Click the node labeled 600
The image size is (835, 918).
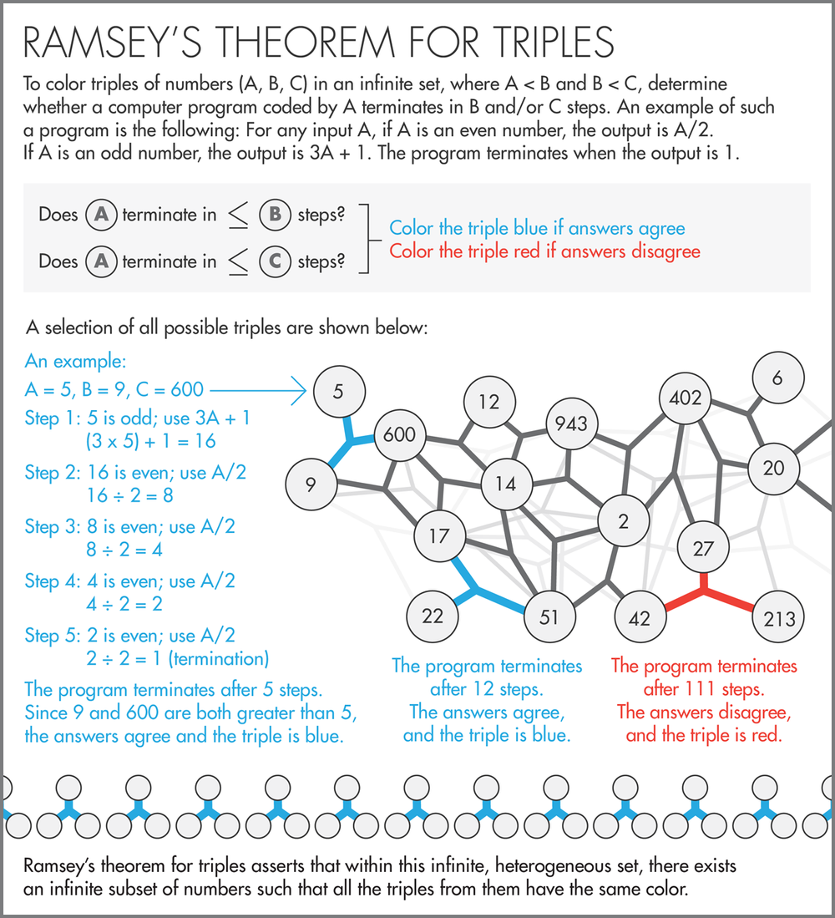[x=399, y=435]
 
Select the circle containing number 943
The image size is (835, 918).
[x=572, y=423]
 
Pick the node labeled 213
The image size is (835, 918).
[x=778, y=619]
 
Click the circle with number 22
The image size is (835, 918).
[x=432, y=616]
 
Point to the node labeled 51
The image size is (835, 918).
[x=549, y=617]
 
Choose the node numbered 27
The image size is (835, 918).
[x=704, y=549]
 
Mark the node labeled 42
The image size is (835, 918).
[x=639, y=619]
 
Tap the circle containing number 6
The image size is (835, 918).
[x=777, y=378]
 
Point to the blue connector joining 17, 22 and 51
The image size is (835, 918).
[x=478, y=592]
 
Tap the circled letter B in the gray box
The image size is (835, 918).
[x=274, y=215]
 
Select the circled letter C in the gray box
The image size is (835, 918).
[x=274, y=261]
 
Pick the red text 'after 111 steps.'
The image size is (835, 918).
[x=704, y=689]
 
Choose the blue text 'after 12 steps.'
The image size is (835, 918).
[x=487, y=689]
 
